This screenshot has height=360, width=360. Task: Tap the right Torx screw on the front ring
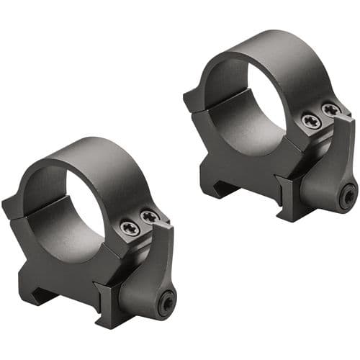[x=150, y=216]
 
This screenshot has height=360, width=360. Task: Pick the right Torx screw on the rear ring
[x=330, y=109]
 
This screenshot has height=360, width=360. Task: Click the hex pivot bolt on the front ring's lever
[x=167, y=302]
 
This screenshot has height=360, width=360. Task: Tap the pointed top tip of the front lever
[x=168, y=225]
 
